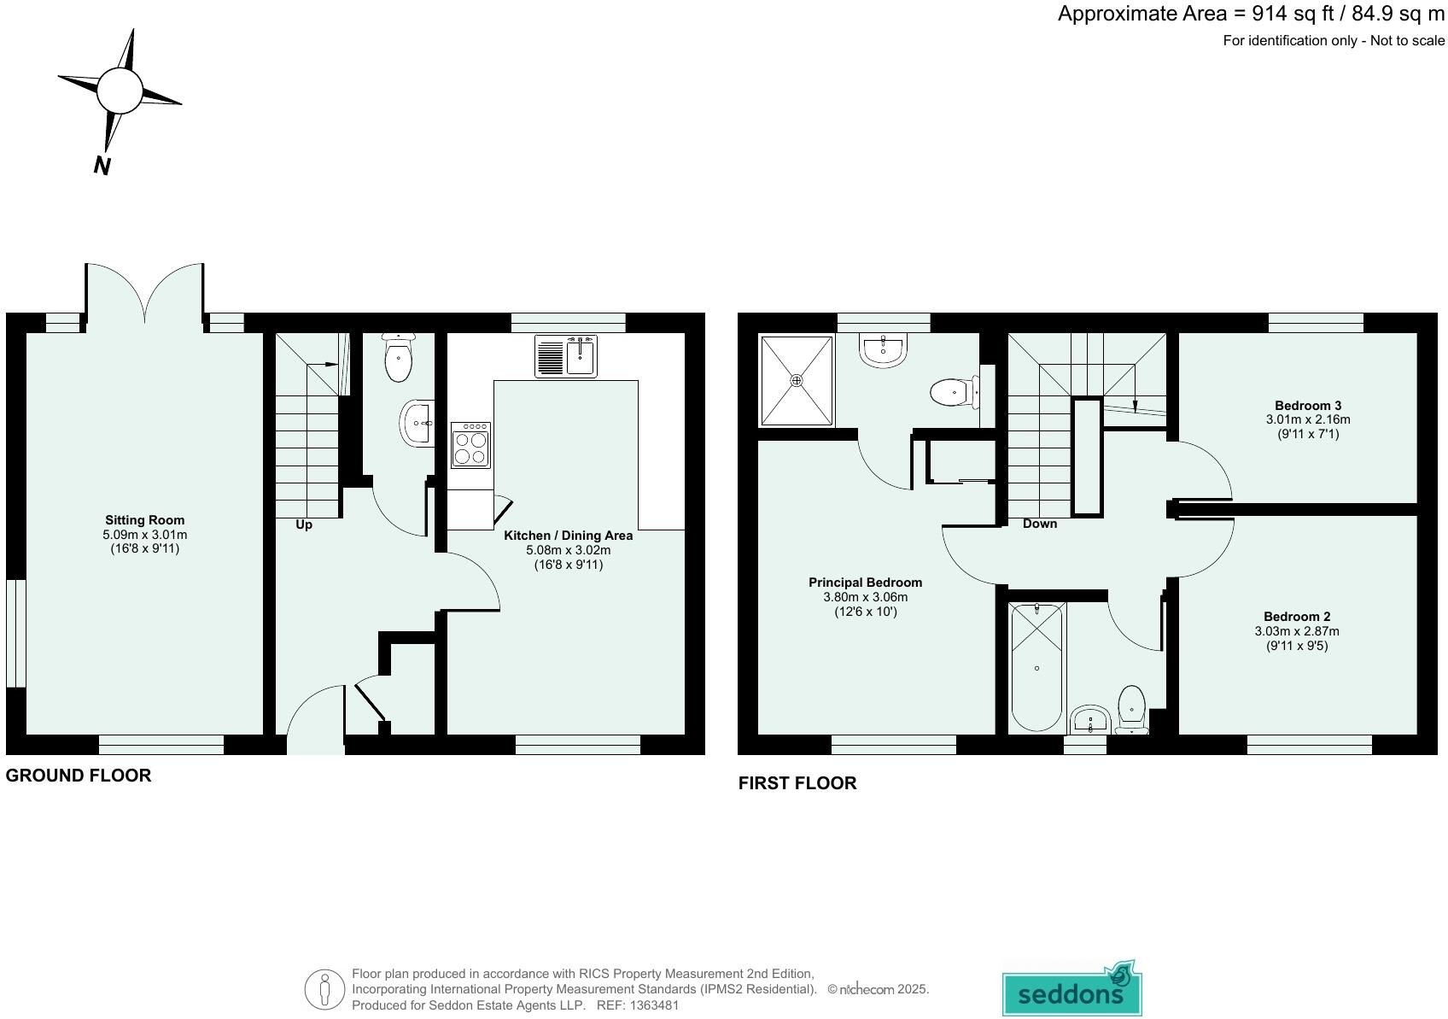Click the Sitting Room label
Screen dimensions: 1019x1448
point(144,520)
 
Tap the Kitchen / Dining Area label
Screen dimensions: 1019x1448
point(568,536)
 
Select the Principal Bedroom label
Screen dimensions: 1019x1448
point(865,583)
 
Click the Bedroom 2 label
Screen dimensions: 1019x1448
point(1296,617)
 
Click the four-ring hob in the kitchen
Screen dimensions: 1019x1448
point(471,445)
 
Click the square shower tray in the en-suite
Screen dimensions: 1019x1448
point(797,380)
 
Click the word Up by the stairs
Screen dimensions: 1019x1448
point(304,524)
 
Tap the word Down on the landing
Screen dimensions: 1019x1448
point(1039,524)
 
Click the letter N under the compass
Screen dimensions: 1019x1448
point(102,166)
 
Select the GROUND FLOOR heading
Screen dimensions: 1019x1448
point(79,776)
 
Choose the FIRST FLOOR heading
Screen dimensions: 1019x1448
point(797,783)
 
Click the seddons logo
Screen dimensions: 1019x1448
point(1071,992)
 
